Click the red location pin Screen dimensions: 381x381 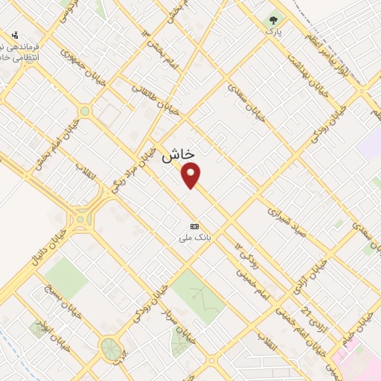191,174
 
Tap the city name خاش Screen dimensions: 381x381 178,154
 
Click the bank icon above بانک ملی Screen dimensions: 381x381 195,225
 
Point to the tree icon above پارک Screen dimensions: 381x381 274,21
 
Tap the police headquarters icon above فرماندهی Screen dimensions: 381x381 16,35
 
